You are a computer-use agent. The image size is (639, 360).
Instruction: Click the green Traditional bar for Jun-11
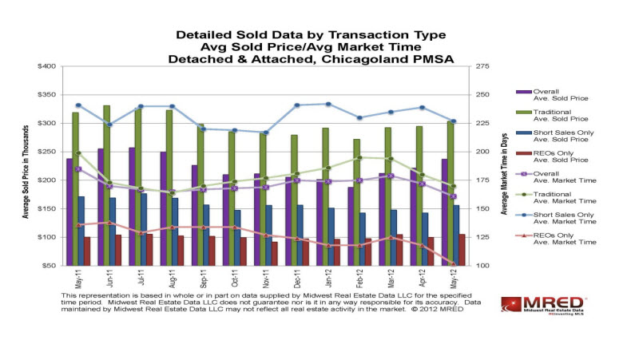coord(106,184)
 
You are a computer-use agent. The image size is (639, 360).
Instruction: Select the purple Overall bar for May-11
coord(69,212)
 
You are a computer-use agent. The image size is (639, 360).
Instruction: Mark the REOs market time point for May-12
coord(454,264)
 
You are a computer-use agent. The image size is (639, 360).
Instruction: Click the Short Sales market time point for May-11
coord(77,105)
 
